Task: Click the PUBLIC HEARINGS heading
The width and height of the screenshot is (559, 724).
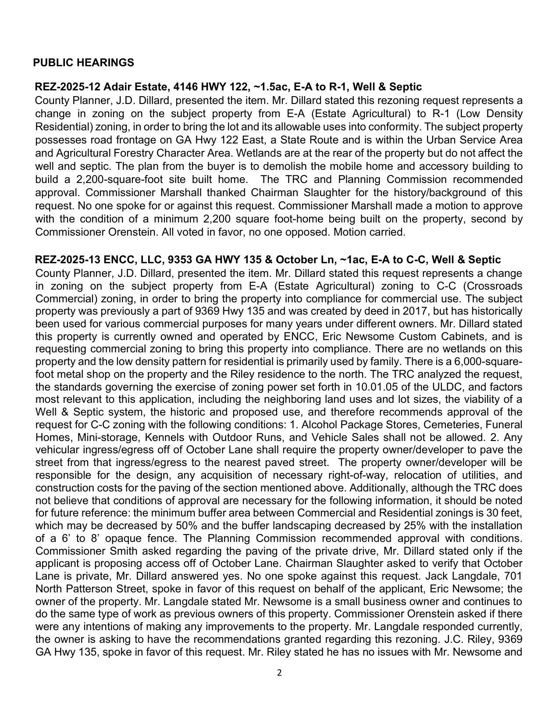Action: [83, 63]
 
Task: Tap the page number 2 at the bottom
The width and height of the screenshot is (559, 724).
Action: [279, 673]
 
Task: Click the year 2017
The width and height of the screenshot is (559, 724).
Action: [400, 312]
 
